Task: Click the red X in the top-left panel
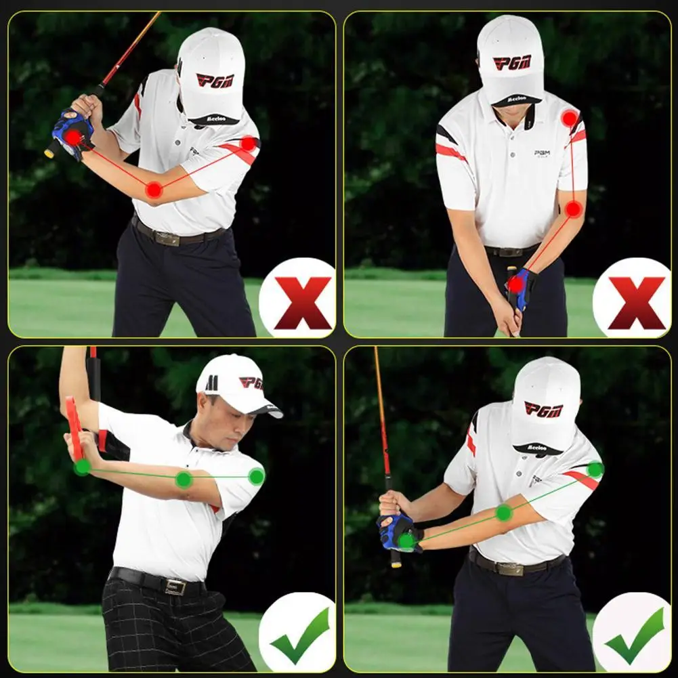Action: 303,302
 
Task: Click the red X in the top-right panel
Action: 636,302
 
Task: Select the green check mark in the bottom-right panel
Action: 635,635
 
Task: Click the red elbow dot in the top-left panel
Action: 154,190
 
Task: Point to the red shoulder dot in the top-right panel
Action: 570,119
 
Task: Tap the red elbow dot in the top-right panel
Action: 574,209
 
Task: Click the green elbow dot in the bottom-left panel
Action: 184,480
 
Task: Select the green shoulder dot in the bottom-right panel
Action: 595,469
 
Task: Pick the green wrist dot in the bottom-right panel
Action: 406,541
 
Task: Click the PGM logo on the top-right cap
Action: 511,62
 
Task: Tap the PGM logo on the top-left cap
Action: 215,80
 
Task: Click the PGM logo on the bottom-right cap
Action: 543,409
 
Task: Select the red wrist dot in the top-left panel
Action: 72,137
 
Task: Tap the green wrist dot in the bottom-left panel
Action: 82,467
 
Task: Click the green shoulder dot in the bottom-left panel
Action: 256,476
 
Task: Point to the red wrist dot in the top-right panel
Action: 515,284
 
